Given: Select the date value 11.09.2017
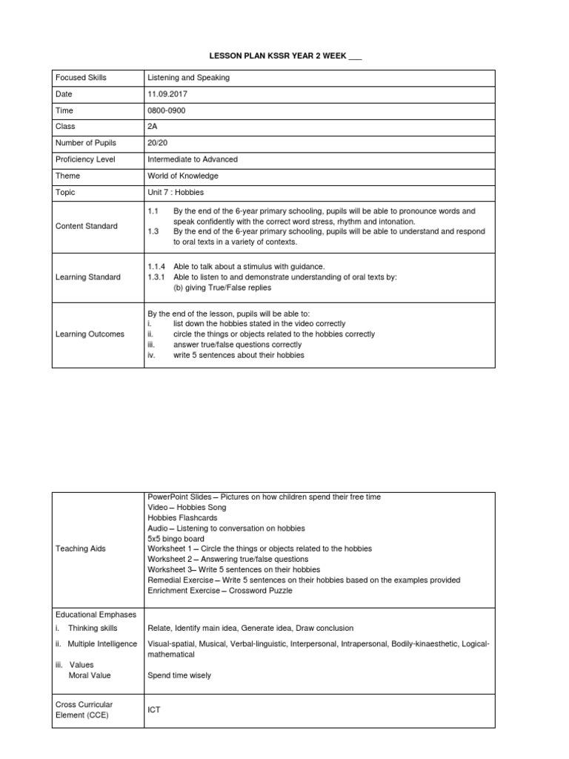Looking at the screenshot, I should click(168, 94).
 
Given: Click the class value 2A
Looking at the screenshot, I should click(153, 127).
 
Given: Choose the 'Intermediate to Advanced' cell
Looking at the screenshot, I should click(193, 159).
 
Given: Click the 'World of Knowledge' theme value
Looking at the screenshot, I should click(183, 176).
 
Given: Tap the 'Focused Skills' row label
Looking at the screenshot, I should click(81, 78).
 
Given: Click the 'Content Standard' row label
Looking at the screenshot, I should click(87, 226).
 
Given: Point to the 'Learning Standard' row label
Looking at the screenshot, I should click(88, 277).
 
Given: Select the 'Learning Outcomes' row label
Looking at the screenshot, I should click(90, 334).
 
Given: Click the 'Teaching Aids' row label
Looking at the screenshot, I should click(81, 548).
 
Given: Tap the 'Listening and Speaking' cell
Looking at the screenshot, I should click(189, 78).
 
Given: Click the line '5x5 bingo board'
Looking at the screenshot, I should click(175, 538).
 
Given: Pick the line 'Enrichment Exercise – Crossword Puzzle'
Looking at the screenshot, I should click(220, 591).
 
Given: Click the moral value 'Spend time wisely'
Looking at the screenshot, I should click(179, 675).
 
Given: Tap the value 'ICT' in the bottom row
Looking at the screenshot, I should click(154, 709).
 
